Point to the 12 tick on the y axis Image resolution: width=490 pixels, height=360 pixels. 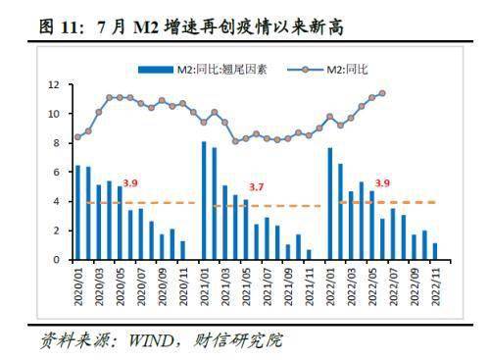tap(55, 85)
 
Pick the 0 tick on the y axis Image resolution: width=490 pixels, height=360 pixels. tap(57, 260)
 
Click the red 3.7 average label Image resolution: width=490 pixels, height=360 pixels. tap(257, 187)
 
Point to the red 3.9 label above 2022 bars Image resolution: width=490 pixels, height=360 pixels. tap(382, 183)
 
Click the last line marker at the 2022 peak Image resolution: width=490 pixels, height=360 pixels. tap(381, 94)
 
